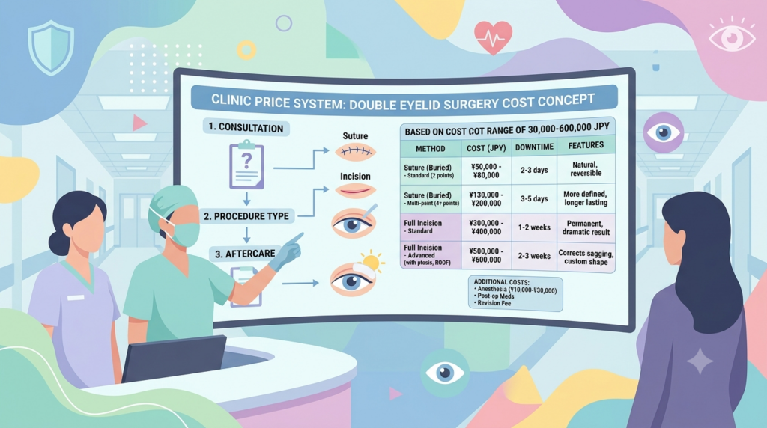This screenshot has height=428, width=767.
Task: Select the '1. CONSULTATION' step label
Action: (246, 127)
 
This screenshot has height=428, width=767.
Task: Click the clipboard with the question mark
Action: (247, 165)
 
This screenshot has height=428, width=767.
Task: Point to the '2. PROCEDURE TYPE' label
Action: (246, 216)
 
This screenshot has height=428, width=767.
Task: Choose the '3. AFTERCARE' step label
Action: (245, 254)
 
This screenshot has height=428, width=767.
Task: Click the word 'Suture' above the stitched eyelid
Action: (355, 136)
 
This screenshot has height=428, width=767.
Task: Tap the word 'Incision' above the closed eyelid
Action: (355, 176)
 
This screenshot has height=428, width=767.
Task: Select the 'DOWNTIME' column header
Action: (534, 147)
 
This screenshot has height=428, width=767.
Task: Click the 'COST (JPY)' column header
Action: (485, 148)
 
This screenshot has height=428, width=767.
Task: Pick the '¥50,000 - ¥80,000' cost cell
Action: (485, 171)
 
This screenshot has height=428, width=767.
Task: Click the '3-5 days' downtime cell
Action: (534, 198)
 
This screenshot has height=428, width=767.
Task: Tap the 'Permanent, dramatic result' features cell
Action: (586, 227)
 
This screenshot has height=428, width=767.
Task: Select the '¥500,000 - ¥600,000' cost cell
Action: (485, 255)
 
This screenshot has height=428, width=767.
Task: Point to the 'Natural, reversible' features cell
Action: (586, 168)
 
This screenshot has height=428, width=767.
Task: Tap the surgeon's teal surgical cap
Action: (174, 201)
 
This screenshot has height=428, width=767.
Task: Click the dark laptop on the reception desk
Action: (174, 358)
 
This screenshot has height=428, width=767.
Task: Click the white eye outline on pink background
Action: (732, 36)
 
